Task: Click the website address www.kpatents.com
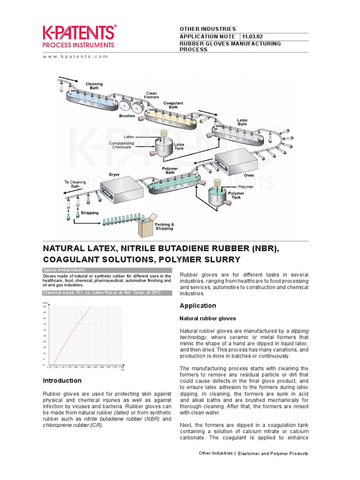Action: tap(75, 56)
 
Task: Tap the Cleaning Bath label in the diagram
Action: tap(94, 86)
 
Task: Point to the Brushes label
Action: tap(127, 116)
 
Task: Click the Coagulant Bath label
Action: tap(173, 105)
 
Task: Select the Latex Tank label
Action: tap(179, 146)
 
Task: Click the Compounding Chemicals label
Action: tap(121, 145)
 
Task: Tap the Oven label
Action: tap(249, 175)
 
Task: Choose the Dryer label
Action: tap(114, 174)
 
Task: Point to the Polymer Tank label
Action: tap(236, 195)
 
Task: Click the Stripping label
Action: tap(90, 212)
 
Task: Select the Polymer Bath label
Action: tap(170, 170)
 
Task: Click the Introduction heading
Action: tap(62, 380)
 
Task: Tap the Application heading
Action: tap(198, 306)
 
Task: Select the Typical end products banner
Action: tap(64, 270)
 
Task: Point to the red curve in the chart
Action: tap(70, 337)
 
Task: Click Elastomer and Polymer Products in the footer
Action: tap(272, 453)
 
